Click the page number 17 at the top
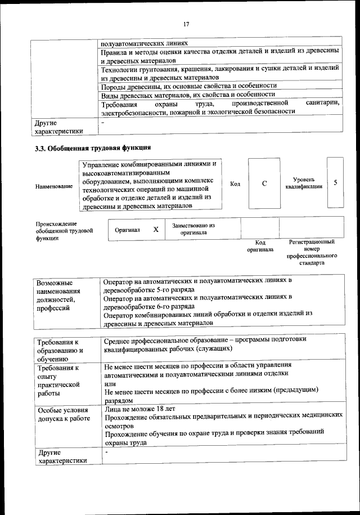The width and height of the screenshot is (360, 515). point(186,24)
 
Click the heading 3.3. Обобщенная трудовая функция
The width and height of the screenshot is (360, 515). point(93,149)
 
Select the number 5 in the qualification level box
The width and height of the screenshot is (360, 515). point(335,183)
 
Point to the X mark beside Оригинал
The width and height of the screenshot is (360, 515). point(156,230)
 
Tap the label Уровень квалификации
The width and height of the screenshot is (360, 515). point(304,182)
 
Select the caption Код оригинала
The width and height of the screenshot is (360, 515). point(260,245)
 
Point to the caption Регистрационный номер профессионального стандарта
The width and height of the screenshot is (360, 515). point(311,252)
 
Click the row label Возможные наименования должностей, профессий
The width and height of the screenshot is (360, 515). point(58,294)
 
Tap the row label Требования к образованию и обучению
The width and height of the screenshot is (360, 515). point(60,350)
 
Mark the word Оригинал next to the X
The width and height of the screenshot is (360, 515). point(127,230)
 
